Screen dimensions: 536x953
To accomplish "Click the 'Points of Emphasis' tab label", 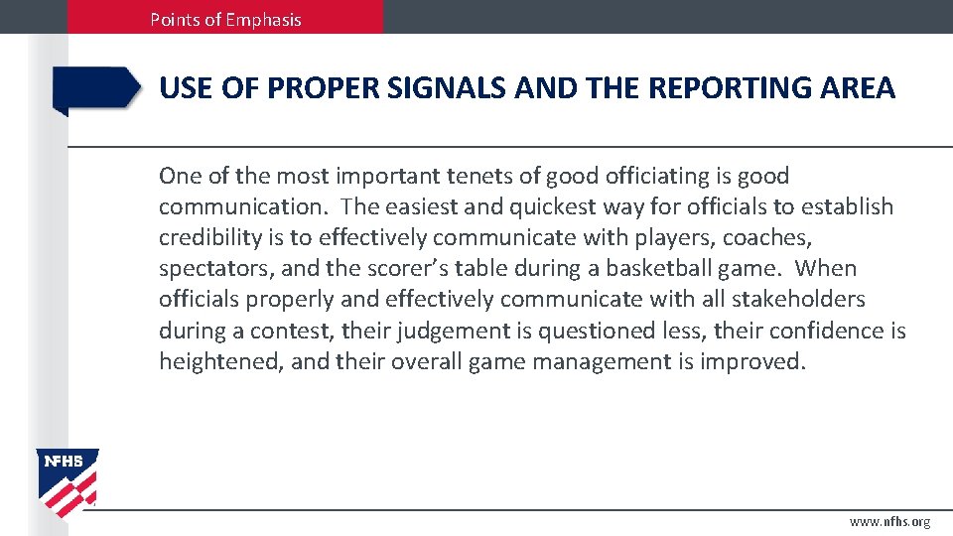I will point(225,19).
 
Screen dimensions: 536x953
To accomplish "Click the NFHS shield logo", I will point(68,481).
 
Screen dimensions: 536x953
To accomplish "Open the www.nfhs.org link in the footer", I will point(889,522).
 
